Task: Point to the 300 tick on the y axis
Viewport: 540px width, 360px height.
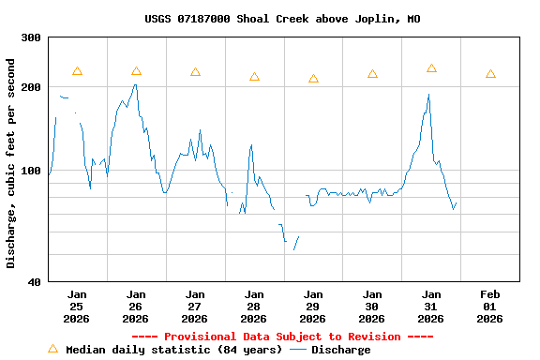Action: tap(31, 37)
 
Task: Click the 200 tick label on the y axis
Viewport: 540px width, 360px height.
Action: tap(31, 87)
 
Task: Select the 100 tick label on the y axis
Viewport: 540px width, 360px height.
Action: tap(31, 171)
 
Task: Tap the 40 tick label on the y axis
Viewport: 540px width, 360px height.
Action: tap(34, 281)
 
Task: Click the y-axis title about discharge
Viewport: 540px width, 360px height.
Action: tap(11, 163)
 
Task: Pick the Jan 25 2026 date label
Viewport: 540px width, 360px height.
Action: tap(77, 306)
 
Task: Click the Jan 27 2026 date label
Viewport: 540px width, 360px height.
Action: tap(195, 306)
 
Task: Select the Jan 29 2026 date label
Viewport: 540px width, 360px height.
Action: tap(313, 306)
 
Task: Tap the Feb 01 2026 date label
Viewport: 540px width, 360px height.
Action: tap(490, 306)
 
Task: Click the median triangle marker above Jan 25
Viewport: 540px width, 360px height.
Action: tap(77, 71)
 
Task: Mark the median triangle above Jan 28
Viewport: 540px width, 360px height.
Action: tap(254, 76)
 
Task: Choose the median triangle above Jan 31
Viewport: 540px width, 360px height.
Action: tap(431, 68)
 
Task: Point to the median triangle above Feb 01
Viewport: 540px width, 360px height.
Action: tap(490, 74)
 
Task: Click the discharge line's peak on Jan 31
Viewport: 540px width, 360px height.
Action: tap(428, 95)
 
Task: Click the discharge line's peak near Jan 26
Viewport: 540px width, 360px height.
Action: tap(135, 85)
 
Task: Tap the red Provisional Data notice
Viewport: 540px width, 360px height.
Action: tap(282, 337)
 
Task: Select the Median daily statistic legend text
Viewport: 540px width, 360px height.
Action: tap(173, 350)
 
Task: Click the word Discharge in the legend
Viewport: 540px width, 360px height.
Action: tap(340, 350)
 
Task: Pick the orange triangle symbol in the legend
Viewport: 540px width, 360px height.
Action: tap(52, 349)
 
